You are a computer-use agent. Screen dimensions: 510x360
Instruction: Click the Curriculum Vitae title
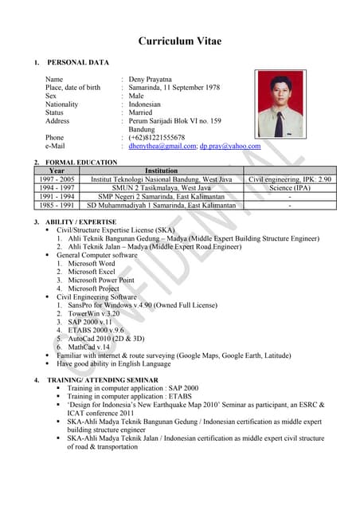coord(180,41)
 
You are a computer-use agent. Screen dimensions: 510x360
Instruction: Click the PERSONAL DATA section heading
coord(78,62)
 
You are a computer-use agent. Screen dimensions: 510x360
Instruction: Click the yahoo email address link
coord(230,147)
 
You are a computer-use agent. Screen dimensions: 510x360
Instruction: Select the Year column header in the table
coord(57,171)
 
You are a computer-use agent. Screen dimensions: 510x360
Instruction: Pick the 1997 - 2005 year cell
coord(57,179)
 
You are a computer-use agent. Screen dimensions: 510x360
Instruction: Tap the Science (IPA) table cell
coord(290,188)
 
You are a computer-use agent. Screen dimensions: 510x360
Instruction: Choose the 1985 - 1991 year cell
coord(57,206)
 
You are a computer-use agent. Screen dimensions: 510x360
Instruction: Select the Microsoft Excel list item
coord(92,272)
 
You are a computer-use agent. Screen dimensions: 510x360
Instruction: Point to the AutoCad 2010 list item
coord(108,339)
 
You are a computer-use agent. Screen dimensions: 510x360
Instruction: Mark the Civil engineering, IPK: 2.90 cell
coord(290,179)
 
